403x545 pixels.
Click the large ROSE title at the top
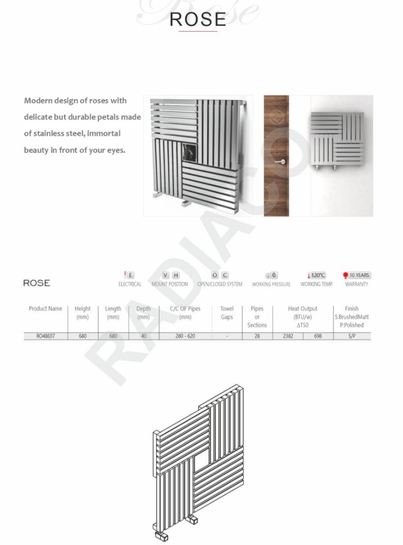coord(198,19)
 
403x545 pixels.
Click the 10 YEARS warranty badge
coord(356,275)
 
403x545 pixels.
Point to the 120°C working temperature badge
coord(316,275)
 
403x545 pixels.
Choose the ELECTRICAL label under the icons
coord(130,284)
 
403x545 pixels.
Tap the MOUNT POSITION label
coord(170,284)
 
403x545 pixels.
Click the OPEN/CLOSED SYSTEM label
coord(220,284)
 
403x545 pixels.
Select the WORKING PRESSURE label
coord(272,284)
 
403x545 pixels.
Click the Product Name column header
coord(45,309)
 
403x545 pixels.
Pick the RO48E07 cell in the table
coord(45,336)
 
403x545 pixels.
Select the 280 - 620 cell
coord(185,336)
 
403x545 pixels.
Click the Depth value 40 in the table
coord(144,336)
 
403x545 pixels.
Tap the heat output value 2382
coord(287,336)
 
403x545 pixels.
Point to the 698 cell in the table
coord(318,336)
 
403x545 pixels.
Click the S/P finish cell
coord(352,336)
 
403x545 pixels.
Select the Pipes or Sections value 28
coord(257,336)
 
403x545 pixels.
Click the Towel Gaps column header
coord(227,313)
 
